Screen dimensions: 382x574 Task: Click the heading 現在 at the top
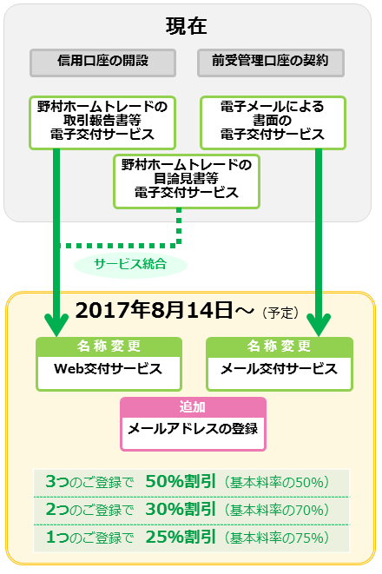pos(187,26)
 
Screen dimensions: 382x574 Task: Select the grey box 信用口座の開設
pos(102,63)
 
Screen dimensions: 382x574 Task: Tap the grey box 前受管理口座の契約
pos(271,63)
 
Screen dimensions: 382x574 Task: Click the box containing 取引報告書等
pos(102,122)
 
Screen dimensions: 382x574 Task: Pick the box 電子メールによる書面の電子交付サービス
pos(273,122)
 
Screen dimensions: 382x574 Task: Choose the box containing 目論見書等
pos(187,181)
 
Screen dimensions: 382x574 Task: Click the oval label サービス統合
pos(130,264)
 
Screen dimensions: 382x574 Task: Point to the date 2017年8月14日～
pos(164,310)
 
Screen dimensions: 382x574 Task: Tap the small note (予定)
pos(280,313)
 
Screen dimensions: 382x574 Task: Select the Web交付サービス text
pos(108,369)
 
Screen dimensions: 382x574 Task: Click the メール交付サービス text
pos(279,369)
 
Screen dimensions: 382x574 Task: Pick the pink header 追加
pos(193,406)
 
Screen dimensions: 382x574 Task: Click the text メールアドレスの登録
pos(193,429)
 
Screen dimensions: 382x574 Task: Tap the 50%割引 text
pos(181,481)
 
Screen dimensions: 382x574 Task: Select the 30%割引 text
pos(181,509)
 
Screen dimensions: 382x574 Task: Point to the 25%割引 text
pos(181,537)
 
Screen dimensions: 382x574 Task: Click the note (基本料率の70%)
pos(277,510)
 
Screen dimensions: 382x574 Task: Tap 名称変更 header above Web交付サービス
pos(109,346)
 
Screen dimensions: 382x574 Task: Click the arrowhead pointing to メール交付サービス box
pos(319,325)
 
